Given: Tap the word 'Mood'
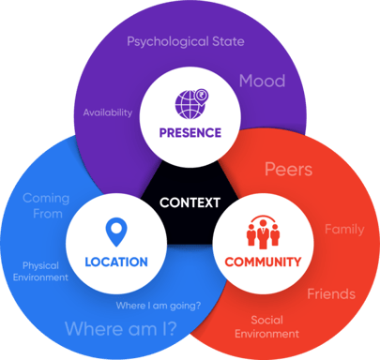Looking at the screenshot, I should click(x=262, y=81).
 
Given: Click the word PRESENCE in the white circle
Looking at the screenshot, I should click(x=190, y=132).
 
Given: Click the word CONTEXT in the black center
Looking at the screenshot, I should click(x=190, y=202).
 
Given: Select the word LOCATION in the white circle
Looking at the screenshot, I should click(x=115, y=262).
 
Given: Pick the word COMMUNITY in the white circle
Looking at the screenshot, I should click(x=264, y=262).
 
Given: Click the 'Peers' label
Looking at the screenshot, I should click(x=288, y=171).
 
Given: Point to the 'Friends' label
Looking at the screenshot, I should click(x=331, y=294).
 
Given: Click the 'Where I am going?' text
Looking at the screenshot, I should click(x=159, y=306).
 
